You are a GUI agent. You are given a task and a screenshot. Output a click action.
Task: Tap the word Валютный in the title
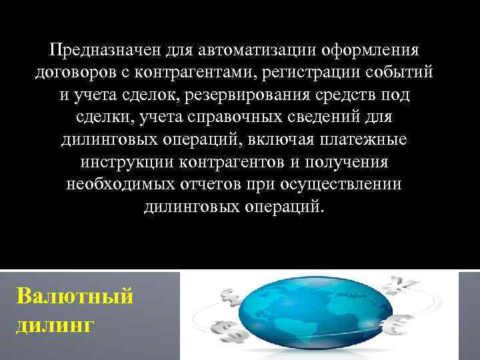(73, 295)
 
